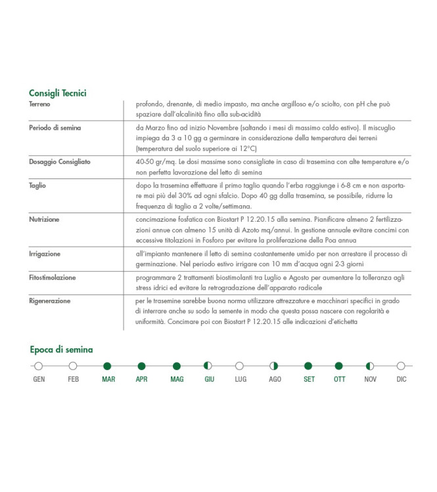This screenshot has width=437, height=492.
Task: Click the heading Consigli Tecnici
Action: pos(58,93)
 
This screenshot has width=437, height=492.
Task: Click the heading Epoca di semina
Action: pos(62,349)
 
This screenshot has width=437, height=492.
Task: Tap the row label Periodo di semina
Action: pos(55,128)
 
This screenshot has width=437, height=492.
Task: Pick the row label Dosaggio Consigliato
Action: pos(60,161)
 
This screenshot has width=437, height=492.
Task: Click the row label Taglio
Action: pos(37,186)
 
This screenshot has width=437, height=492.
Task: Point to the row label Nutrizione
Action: pos(44,219)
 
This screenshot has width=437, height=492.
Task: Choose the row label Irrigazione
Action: pos(45,253)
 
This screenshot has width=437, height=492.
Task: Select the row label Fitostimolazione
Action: pos(52,277)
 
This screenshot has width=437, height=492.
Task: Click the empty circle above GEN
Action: pos(39,366)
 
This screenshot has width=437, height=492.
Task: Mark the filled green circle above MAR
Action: pos(108,366)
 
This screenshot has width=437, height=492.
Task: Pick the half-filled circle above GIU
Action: pos(208,366)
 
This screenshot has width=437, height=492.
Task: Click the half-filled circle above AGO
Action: pos(275,366)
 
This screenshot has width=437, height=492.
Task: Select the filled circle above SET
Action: pos(308,366)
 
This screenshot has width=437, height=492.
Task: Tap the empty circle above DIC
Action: pos(401,366)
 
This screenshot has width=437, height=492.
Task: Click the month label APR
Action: pos(141,380)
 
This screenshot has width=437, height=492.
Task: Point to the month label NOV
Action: pos(370,380)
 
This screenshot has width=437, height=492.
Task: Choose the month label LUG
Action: pos(241,380)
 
